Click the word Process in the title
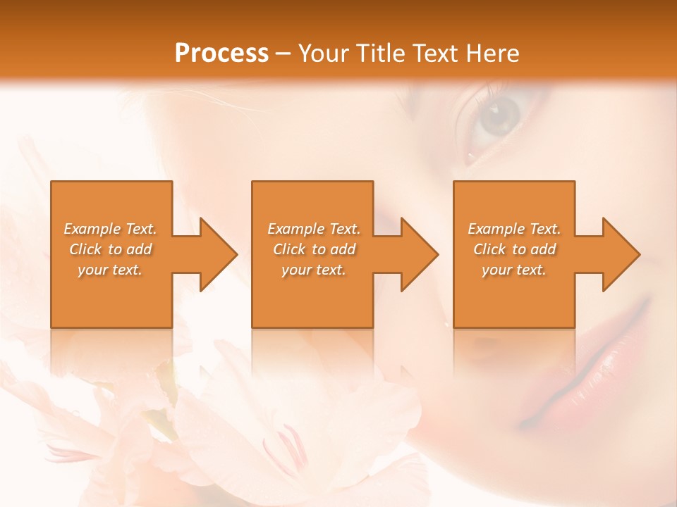point(221,54)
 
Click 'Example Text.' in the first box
point(110,229)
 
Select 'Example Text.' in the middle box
point(313,229)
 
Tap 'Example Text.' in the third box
point(514,229)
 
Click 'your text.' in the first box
point(110,270)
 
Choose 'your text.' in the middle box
point(313,270)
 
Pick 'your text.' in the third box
point(514,270)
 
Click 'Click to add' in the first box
point(110,249)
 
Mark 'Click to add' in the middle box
point(313,249)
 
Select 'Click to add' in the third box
point(514,249)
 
